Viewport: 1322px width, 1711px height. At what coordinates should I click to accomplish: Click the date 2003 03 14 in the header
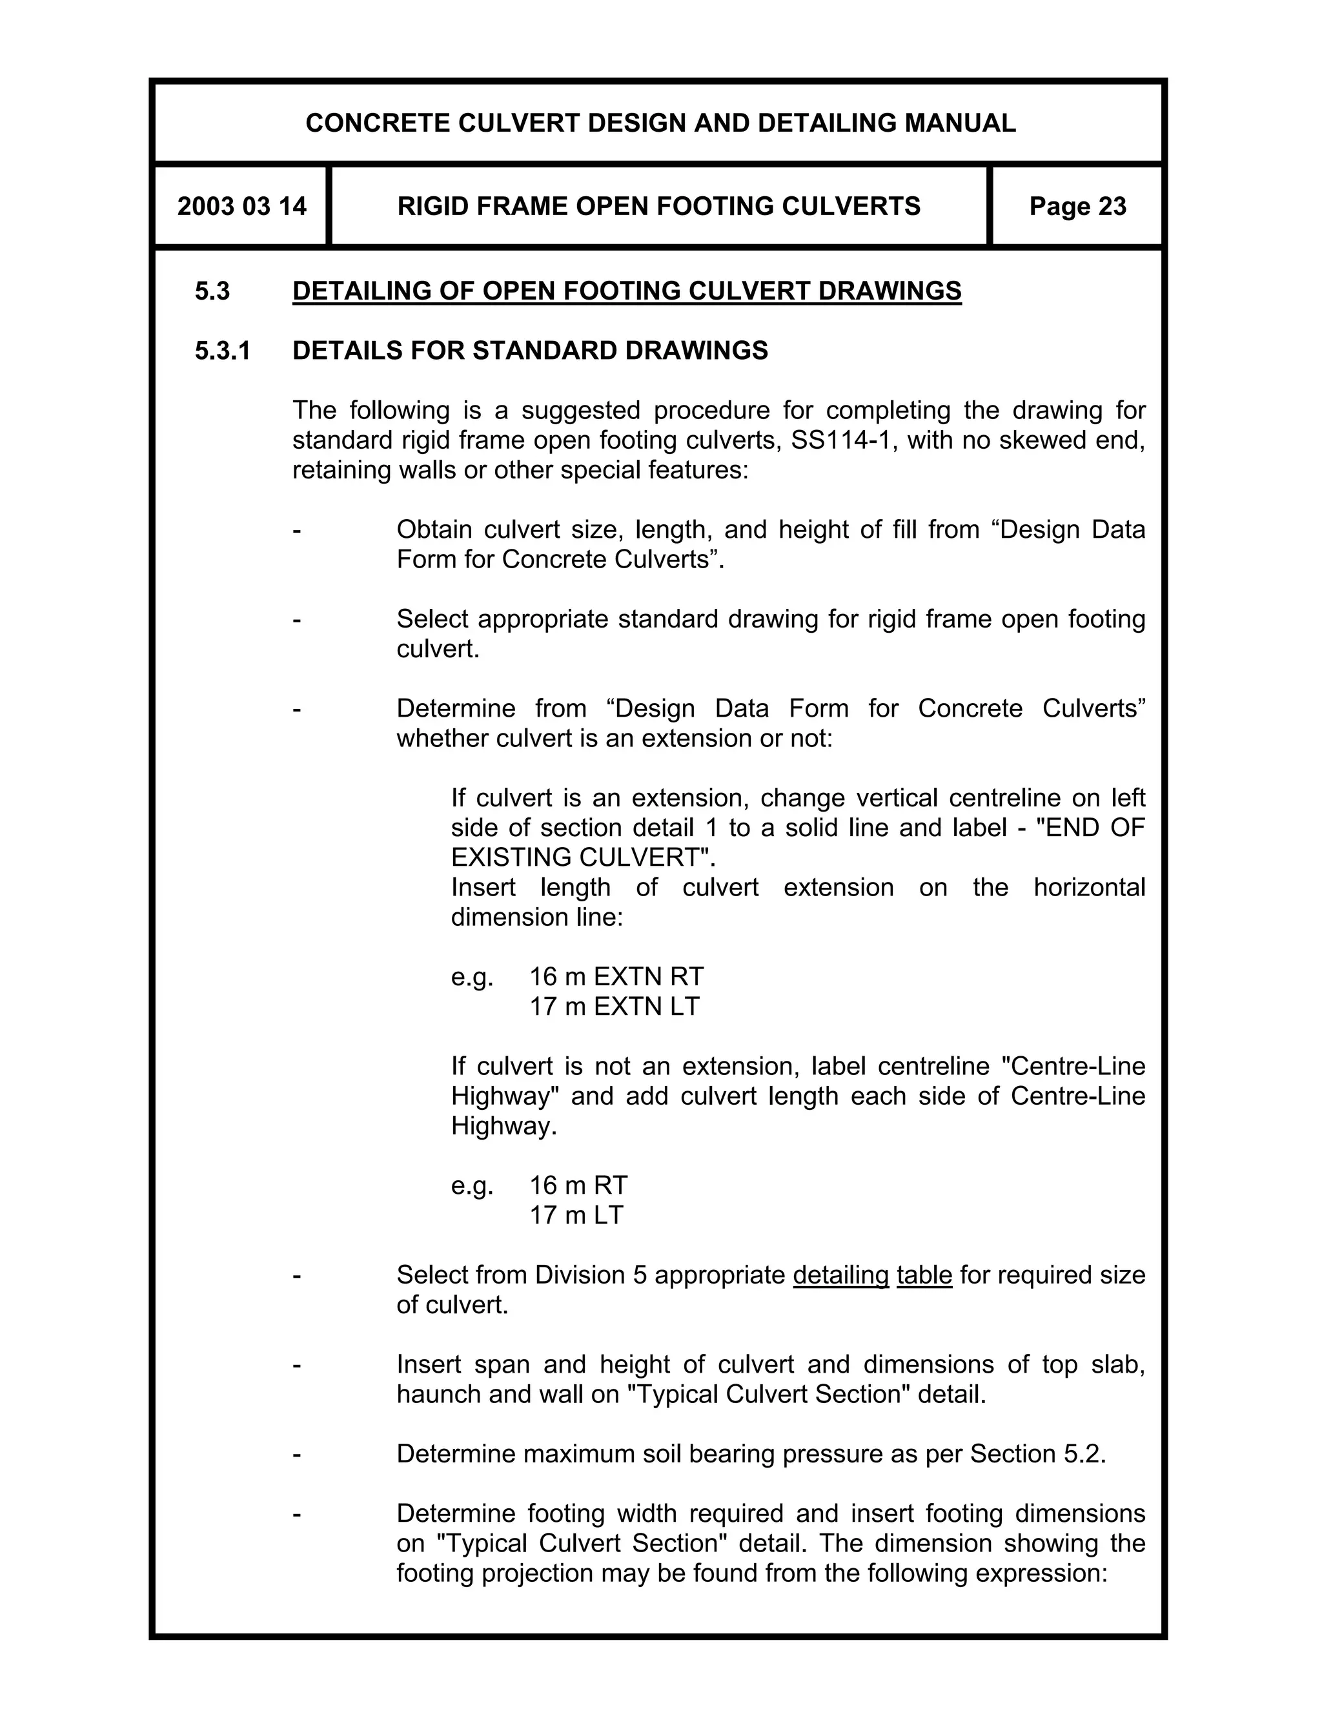click(x=241, y=206)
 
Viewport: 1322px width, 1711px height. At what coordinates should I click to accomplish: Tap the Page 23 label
click(x=1077, y=206)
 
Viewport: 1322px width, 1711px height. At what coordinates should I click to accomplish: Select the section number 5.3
click(x=212, y=291)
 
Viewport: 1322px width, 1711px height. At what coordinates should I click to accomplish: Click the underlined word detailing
click(x=840, y=1275)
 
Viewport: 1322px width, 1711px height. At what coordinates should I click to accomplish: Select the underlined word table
click(x=924, y=1275)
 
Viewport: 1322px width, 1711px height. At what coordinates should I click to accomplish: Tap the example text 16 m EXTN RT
click(x=616, y=976)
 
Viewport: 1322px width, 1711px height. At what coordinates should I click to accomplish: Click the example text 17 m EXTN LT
click(x=614, y=1006)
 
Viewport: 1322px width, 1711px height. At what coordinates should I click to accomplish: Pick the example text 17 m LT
click(x=576, y=1215)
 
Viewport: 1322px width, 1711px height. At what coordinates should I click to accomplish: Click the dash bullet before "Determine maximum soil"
click(x=296, y=1453)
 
